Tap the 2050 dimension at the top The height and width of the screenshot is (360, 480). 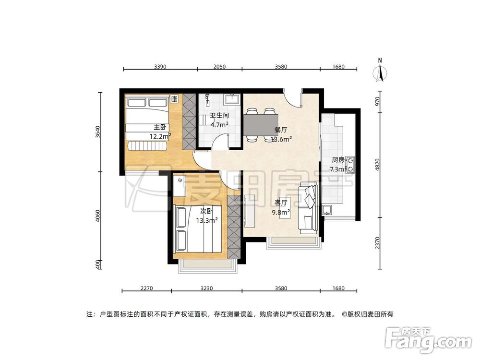219,67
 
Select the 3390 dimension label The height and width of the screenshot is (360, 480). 160,67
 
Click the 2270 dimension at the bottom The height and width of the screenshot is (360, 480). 146,288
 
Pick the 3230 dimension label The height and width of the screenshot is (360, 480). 206,288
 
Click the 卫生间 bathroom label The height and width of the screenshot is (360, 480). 219,116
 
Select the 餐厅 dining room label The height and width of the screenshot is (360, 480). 281,130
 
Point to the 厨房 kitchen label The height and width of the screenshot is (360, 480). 338,160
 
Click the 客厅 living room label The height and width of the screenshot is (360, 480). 281,203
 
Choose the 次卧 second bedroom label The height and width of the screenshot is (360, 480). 207,211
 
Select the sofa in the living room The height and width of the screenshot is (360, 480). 308,207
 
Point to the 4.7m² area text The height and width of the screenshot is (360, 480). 219,124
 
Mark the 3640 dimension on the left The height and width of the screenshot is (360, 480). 98,132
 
